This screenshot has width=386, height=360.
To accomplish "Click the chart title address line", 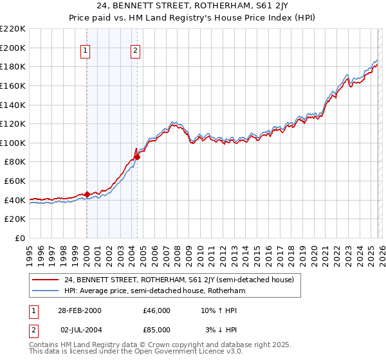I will (x=192, y=6).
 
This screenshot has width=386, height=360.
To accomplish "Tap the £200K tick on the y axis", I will (x=13, y=48).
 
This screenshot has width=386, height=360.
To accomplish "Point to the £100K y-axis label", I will (x=13, y=143).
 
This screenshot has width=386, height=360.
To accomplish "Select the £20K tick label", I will (x=15, y=219).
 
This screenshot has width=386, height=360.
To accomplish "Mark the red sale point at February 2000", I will (x=87, y=194).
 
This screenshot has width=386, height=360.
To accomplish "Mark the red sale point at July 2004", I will (x=137, y=157).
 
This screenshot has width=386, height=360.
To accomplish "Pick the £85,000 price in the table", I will (x=156, y=330).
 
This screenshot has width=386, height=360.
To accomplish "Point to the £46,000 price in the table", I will (x=156, y=310).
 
